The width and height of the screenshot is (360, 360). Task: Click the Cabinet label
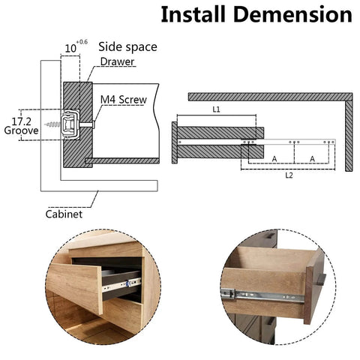[x=64, y=213]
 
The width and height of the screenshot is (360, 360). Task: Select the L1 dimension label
[x=216, y=109]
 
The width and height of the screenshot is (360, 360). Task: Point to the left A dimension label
[x=274, y=158]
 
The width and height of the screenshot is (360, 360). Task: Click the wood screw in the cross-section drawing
[x=54, y=121]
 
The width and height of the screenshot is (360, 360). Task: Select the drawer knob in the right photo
[x=321, y=280]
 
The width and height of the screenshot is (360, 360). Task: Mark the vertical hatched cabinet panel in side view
[x=349, y=135]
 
